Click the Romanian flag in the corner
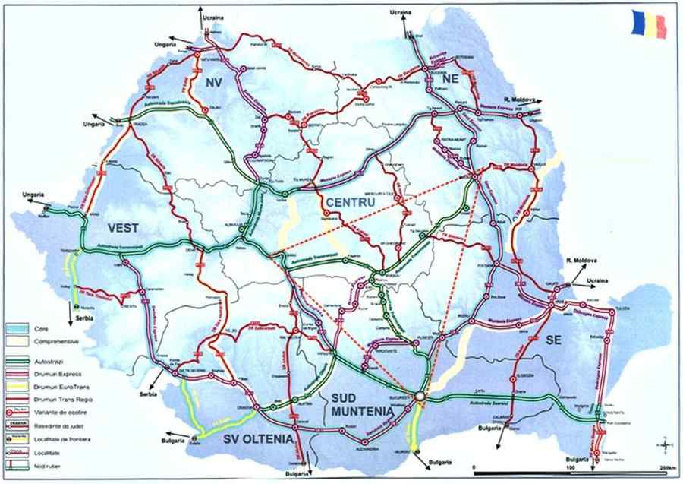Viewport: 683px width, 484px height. [x=650, y=25]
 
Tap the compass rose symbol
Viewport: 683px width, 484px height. [x=664, y=445]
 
